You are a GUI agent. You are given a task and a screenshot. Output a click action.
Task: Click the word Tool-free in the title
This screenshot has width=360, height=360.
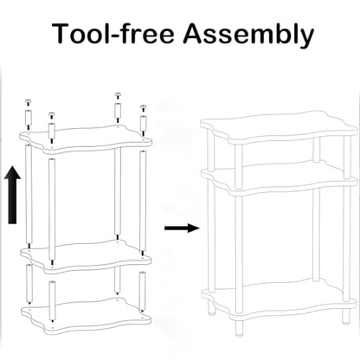click(x=113, y=33)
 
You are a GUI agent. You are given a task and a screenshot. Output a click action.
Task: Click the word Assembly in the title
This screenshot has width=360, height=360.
click(x=248, y=35)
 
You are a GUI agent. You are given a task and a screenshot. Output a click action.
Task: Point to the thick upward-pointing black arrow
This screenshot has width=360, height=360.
click(x=12, y=195)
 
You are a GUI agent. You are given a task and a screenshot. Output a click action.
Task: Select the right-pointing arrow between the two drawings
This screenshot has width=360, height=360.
click(x=182, y=228)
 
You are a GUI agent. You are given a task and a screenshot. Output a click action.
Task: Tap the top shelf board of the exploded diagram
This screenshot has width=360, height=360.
click(x=86, y=139)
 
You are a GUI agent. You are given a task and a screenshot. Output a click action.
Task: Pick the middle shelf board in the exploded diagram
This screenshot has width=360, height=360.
click(x=86, y=256)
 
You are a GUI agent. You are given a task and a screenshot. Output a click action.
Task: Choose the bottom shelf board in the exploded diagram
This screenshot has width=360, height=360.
click(x=86, y=316)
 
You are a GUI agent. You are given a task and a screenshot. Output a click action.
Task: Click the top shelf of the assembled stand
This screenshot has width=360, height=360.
click(x=279, y=127)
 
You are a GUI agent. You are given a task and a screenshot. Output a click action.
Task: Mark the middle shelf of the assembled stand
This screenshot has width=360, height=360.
click(x=279, y=177)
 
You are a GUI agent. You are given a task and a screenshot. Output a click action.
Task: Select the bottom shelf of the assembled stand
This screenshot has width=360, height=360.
click(x=279, y=300)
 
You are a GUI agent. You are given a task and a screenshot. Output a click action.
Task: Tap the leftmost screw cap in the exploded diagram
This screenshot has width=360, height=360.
click(x=29, y=102)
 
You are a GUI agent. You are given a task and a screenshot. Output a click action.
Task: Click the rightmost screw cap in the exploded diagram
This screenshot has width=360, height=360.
click(x=143, y=108)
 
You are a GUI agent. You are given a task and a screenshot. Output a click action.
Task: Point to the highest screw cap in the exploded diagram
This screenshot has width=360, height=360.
click(x=118, y=95)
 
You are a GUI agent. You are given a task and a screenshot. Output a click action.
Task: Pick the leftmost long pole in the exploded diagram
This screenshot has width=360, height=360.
click(x=29, y=195)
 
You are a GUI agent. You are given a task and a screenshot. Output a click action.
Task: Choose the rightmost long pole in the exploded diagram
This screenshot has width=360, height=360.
click(x=143, y=201)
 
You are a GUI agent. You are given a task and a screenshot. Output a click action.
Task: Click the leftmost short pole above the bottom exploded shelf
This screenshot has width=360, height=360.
click(x=29, y=282)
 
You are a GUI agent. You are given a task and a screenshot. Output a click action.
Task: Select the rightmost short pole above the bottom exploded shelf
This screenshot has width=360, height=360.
click(x=142, y=291)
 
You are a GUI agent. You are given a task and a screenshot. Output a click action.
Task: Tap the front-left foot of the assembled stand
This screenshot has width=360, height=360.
click(x=238, y=328)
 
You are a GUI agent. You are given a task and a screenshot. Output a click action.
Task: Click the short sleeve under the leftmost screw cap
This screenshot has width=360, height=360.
click(x=29, y=117)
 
